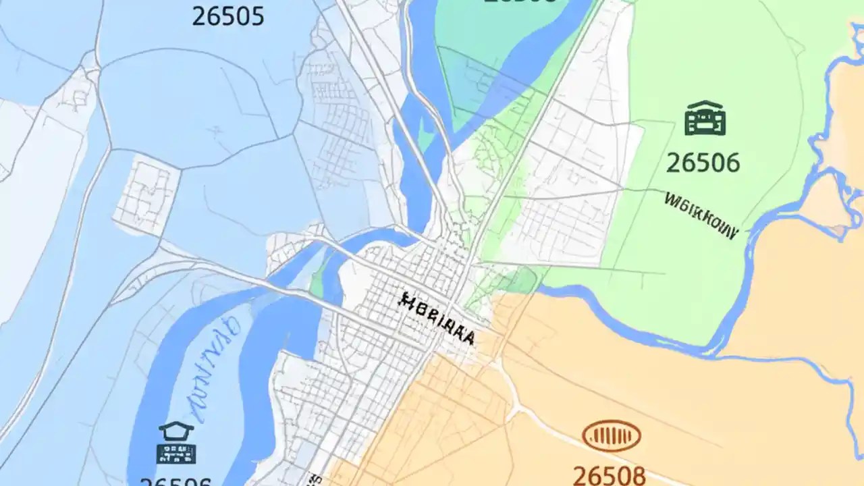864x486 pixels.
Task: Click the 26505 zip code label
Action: [x=227, y=16]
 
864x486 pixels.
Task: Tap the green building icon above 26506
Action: [x=705, y=119]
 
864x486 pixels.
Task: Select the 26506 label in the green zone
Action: [x=703, y=163]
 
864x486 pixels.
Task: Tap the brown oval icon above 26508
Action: [x=611, y=435]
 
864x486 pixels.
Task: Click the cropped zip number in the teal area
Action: [x=520, y=2]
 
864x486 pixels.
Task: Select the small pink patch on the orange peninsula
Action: [x=839, y=231]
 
